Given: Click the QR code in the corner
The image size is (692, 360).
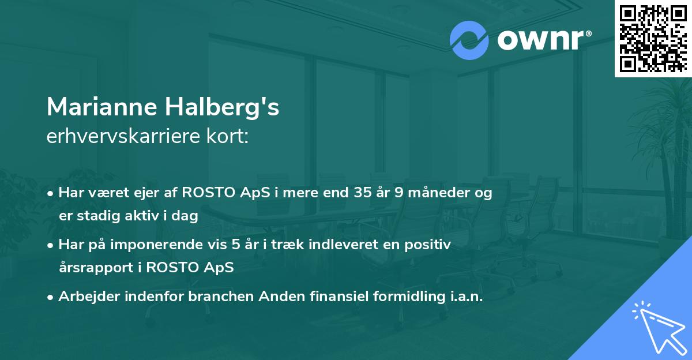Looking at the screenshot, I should click(x=653, y=38).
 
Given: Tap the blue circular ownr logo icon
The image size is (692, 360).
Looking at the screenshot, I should click(x=469, y=40).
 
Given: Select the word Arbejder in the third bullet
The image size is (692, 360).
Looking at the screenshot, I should click(x=87, y=297).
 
